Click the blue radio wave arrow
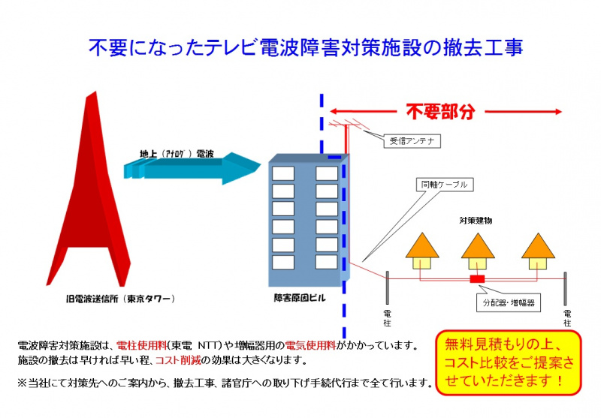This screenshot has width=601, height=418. (x=192, y=168)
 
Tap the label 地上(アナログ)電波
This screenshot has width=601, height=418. (x=177, y=154)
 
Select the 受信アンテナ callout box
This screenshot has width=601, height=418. (x=412, y=141)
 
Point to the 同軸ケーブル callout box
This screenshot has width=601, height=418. (x=445, y=185)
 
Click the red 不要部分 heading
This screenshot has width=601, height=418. (x=440, y=112)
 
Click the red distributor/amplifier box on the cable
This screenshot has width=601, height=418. (x=477, y=279)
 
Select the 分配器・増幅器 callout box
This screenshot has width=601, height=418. (x=509, y=302)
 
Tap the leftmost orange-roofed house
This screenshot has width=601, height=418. (x=422, y=251)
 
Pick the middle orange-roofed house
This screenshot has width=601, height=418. (x=478, y=252)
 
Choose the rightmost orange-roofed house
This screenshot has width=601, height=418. (x=538, y=251)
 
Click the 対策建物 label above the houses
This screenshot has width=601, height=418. (x=476, y=221)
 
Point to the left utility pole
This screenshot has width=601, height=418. (x=387, y=288)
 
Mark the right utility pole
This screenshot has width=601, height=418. (x=565, y=289)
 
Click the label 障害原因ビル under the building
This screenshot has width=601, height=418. (x=300, y=298)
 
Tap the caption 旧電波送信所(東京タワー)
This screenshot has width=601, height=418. (x=121, y=299)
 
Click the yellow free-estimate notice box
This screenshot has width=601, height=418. (x=509, y=362)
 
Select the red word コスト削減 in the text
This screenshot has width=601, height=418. (x=178, y=360)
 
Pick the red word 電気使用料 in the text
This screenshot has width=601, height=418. (x=310, y=345)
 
